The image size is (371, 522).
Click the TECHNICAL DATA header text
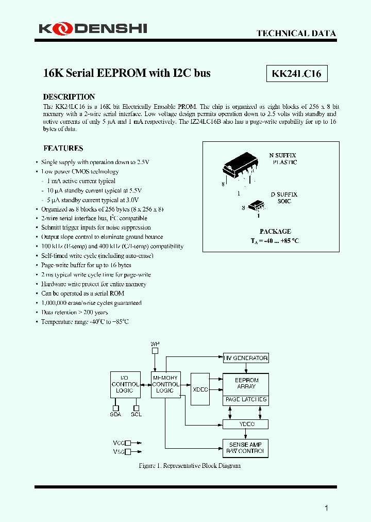[x=296, y=34]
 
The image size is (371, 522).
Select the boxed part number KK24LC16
[x=296, y=74]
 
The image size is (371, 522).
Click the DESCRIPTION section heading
[x=69, y=97]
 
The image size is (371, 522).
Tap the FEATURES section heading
[x=63, y=148]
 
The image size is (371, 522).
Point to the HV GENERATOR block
[x=245, y=358]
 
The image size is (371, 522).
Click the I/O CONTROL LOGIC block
[x=125, y=384]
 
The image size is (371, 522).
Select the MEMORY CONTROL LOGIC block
[x=166, y=384]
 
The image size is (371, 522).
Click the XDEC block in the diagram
[x=199, y=390]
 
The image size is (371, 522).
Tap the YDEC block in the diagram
[x=245, y=424]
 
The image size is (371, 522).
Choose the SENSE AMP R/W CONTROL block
[x=245, y=448]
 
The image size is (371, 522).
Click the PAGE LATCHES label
[x=245, y=400]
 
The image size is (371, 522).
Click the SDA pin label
[x=116, y=414]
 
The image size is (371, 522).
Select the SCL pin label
[x=136, y=414]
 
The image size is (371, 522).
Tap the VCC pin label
[x=119, y=443]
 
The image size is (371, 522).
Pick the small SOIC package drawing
[x=256, y=206]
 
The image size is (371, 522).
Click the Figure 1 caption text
[x=190, y=466]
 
